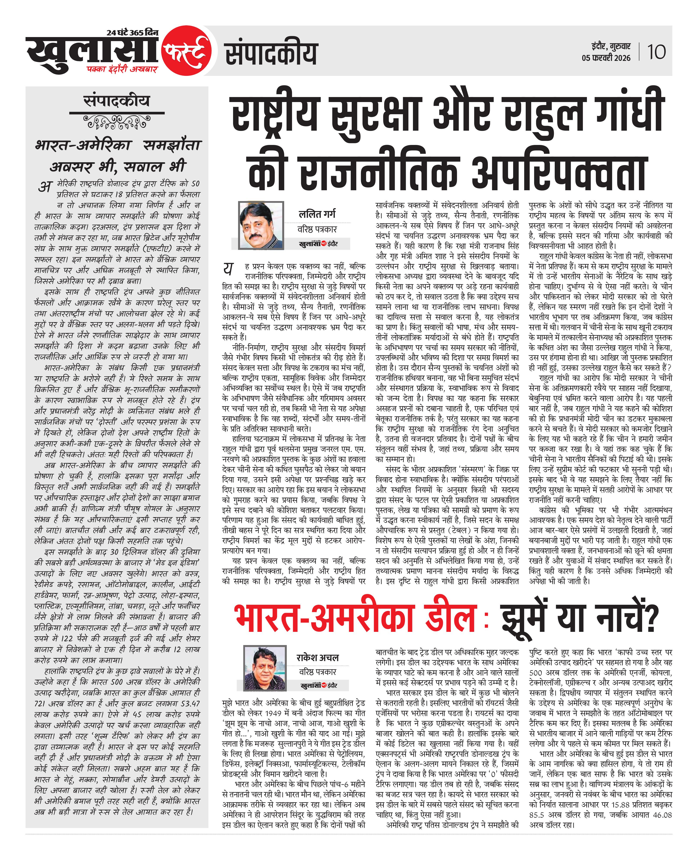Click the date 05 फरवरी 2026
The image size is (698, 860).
click(x=606, y=58)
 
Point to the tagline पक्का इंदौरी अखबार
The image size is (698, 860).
click(x=121, y=69)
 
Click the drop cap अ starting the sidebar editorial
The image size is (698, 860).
click(x=45, y=187)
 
